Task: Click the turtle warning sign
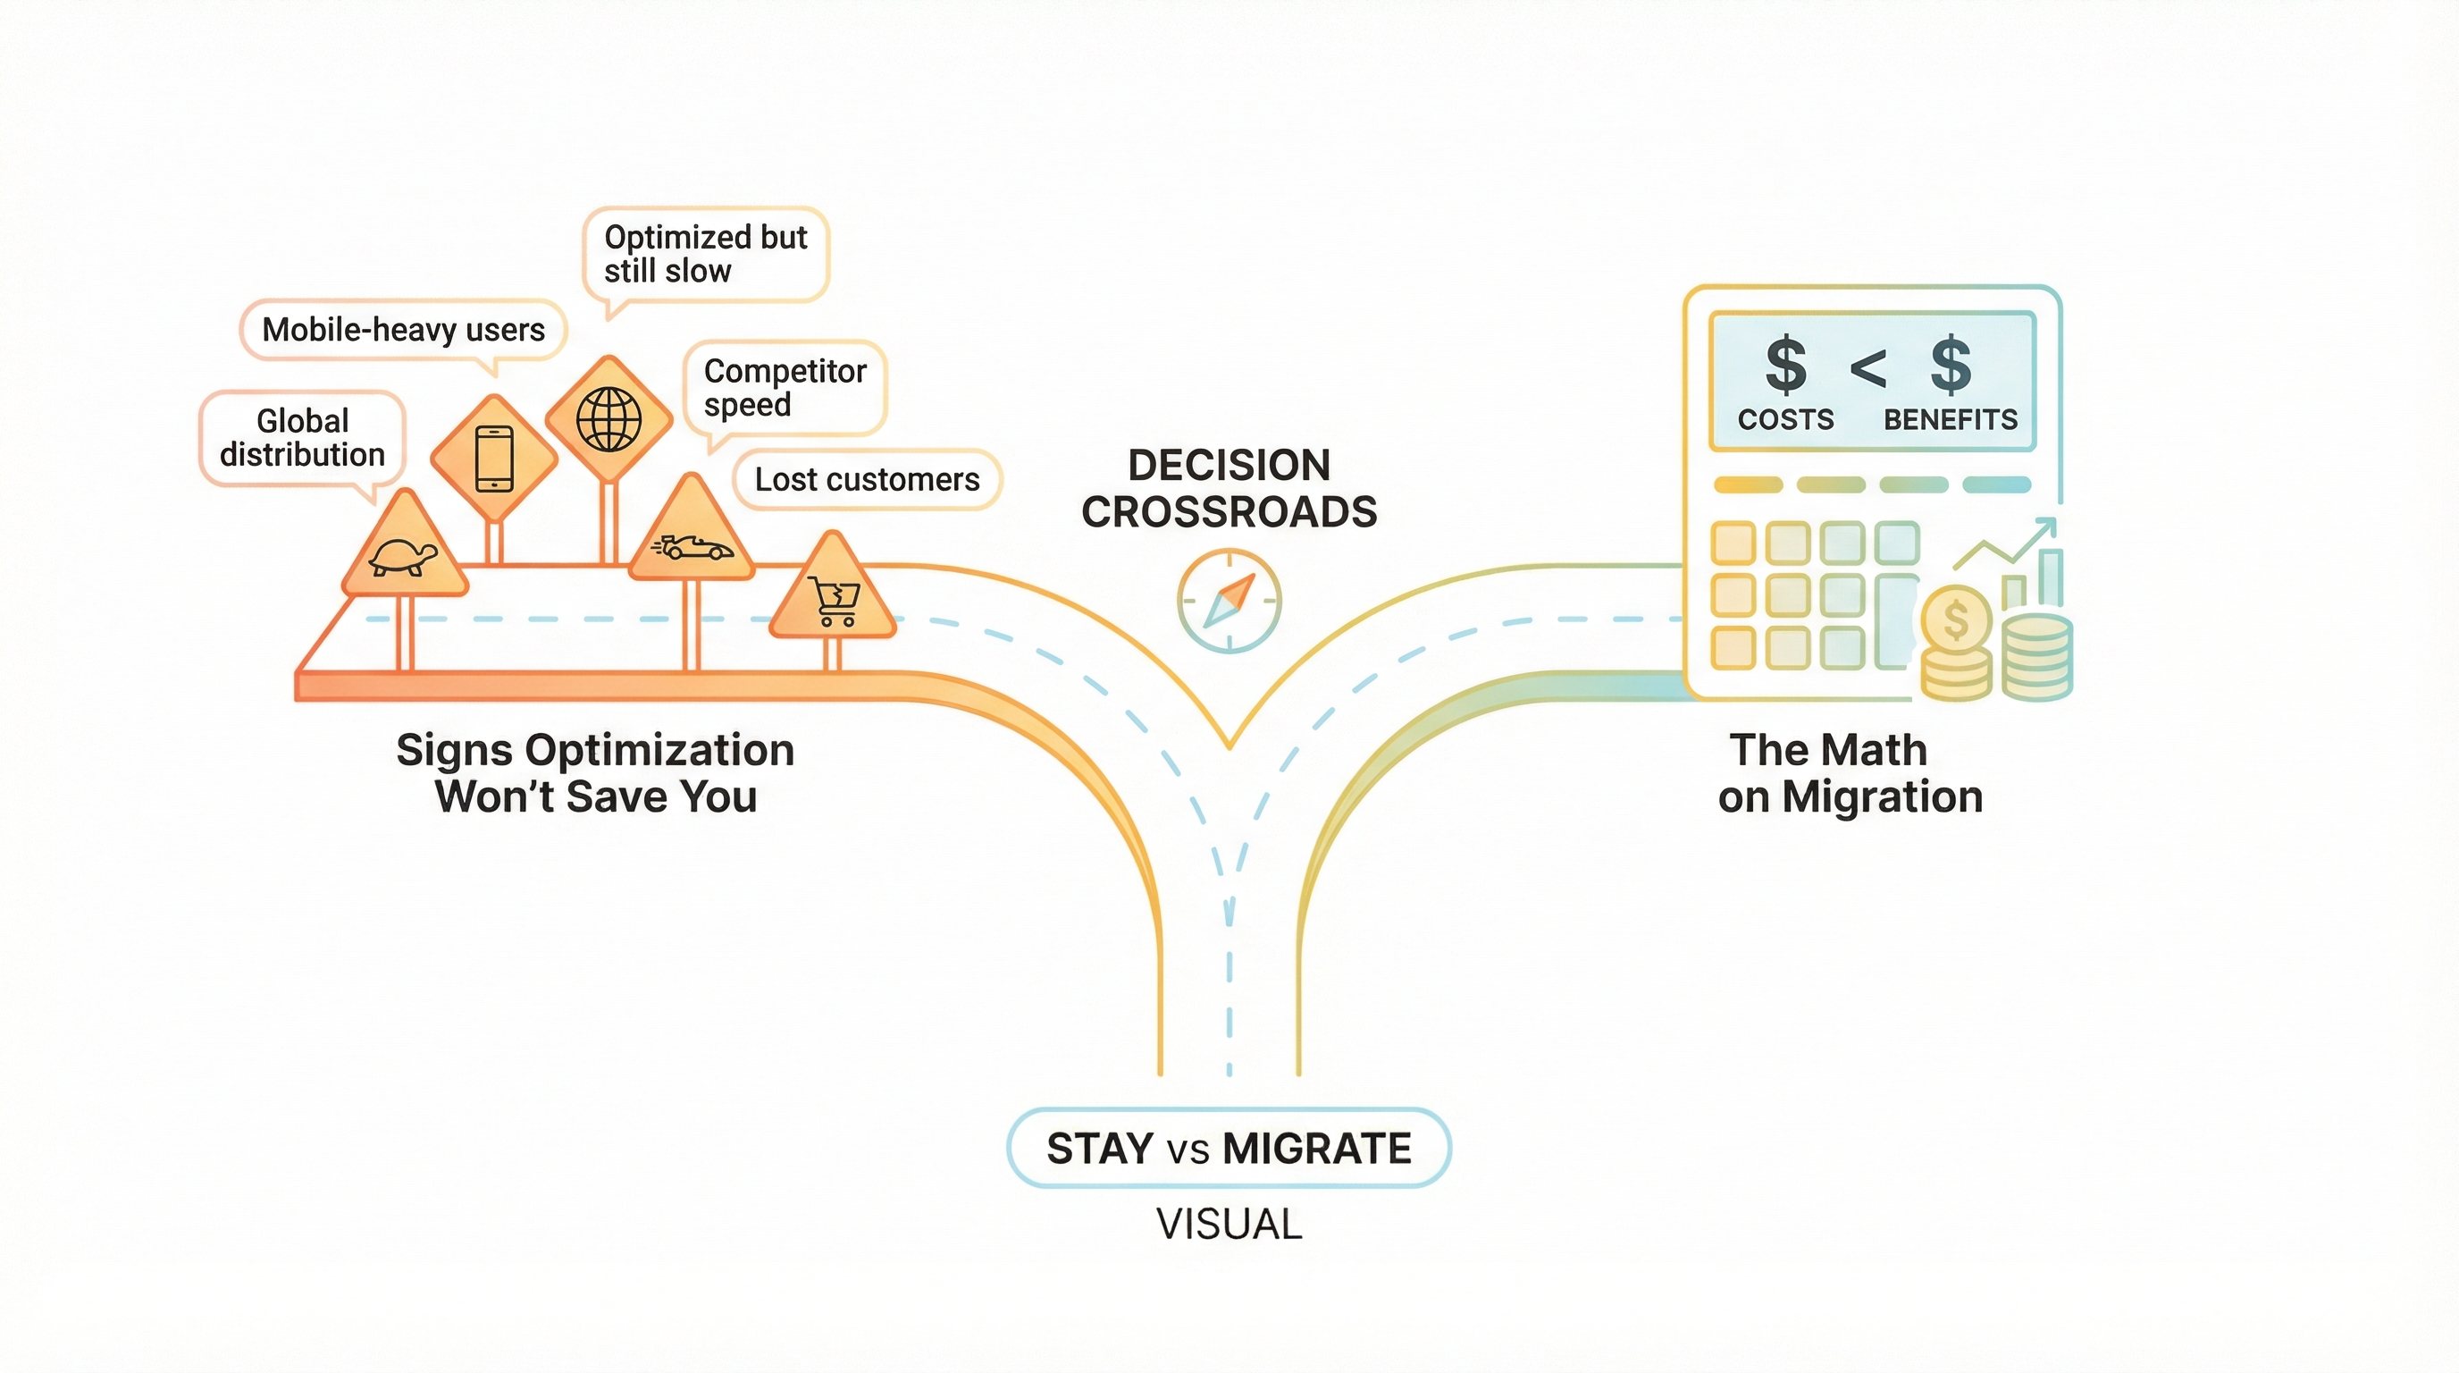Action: tap(404, 552)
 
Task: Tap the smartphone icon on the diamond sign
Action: tap(493, 459)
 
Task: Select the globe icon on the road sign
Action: tap(608, 419)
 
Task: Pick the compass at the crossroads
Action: tap(1229, 601)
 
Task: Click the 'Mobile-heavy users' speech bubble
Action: tap(403, 331)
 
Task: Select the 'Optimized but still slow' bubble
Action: tap(705, 254)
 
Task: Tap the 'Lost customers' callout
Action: tap(867, 479)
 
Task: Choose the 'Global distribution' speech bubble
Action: tap(303, 438)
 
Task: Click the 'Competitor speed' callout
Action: tap(785, 388)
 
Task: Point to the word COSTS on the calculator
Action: tap(1785, 420)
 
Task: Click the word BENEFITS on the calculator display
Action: tap(1951, 420)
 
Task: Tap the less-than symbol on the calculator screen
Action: tap(1868, 367)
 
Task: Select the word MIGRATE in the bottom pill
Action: tap(1316, 1149)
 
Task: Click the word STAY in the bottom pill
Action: tap(1100, 1149)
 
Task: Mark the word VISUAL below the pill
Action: tap(1229, 1225)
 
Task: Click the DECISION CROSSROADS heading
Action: tap(1229, 489)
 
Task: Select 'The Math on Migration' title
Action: tap(1849, 773)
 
